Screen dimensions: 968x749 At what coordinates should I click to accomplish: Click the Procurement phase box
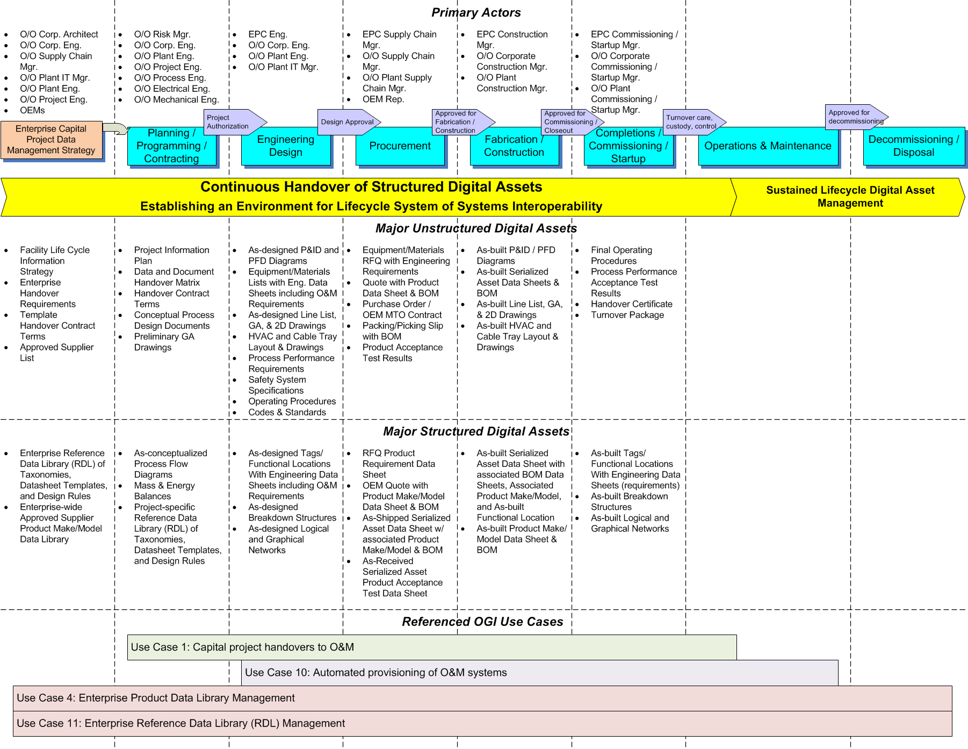point(400,146)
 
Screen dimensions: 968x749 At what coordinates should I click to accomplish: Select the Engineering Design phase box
point(286,146)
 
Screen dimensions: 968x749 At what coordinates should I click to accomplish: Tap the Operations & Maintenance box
point(768,146)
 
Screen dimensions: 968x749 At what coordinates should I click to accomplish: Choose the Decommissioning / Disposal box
point(914,146)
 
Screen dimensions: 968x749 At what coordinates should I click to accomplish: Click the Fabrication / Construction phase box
point(514,146)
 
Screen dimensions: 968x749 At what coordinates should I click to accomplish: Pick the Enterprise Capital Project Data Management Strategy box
point(51,140)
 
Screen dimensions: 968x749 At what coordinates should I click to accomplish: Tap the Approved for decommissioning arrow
point(856,117)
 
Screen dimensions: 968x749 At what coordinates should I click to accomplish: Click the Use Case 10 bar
point(540,673)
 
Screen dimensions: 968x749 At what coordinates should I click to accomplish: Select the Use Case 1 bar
point(432,647)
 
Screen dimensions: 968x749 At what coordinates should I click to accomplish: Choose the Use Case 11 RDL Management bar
point(482,724)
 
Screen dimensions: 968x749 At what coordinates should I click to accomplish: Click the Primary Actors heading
point(476,12)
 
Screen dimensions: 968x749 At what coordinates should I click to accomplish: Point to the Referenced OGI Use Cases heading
point(482,622)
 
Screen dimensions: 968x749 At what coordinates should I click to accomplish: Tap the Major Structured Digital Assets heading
point(476,431)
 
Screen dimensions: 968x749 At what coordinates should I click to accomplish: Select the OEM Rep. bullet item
point(383,99)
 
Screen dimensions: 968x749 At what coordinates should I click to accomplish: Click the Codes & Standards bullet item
point(287,413)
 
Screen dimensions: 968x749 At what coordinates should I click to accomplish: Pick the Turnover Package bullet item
point(627,315)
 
